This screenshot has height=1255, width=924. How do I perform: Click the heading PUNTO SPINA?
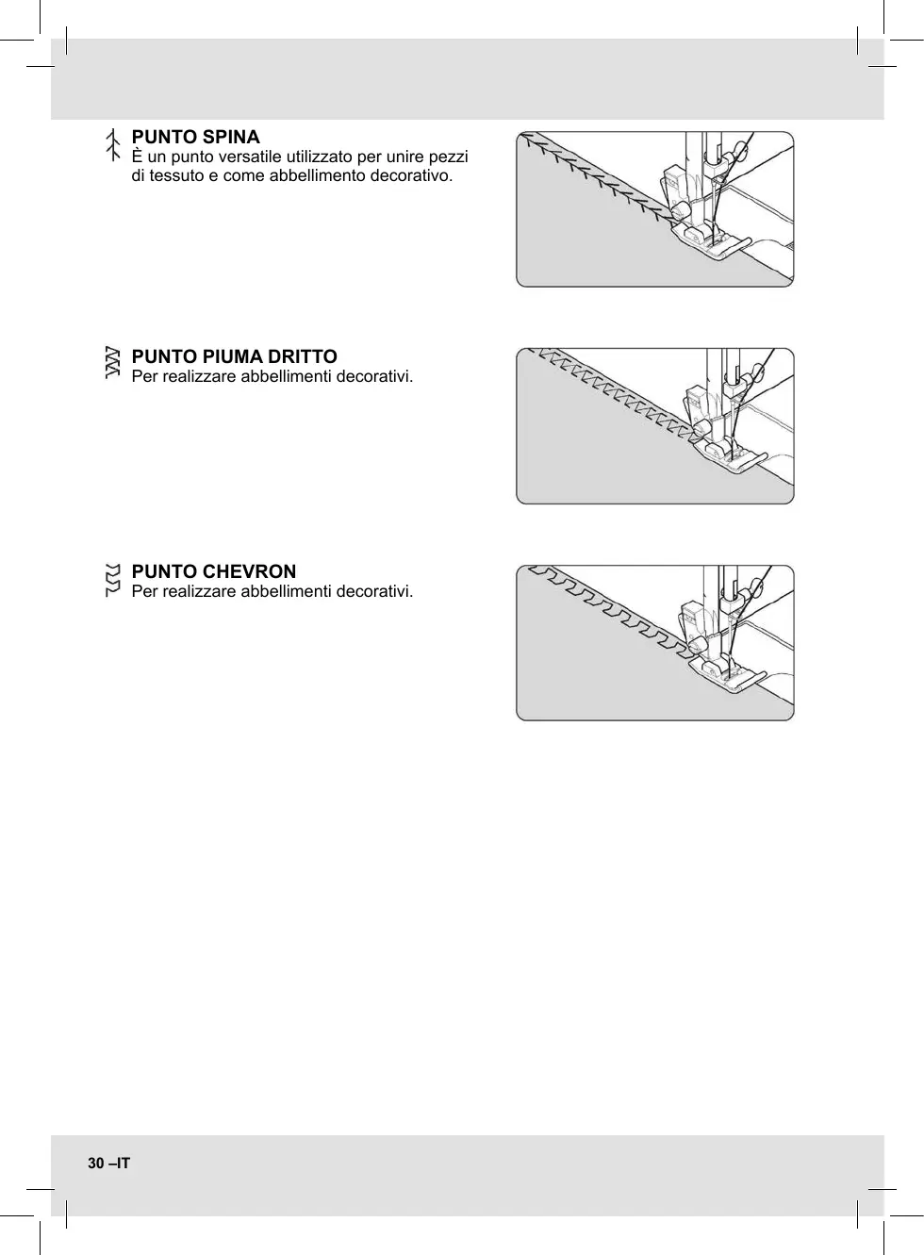click(195, 137)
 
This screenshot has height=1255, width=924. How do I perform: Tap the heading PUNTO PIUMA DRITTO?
click(234, 356)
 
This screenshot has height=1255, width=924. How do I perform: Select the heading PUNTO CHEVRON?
click(213, 571)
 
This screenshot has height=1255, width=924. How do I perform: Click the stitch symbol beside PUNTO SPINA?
click(112, 145)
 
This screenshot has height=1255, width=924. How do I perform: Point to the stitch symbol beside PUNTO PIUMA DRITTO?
click(112, 363)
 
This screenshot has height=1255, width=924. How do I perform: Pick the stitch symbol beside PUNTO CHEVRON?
click(112, 580)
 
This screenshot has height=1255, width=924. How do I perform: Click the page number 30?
click(96, 1164)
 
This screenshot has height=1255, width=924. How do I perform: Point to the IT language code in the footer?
click(123, 1164)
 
